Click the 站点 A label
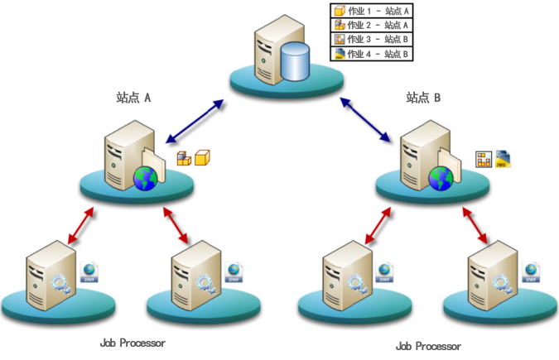pos(133,97)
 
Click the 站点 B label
pos(423,97)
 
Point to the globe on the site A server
pos(146,176)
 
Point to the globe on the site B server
pos(441,176)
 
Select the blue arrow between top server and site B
pos(366,118)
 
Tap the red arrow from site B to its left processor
pos(377,224)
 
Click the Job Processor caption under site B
pos(428,346)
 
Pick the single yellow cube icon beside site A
pos(202,155)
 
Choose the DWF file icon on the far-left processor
pos(89,272)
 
